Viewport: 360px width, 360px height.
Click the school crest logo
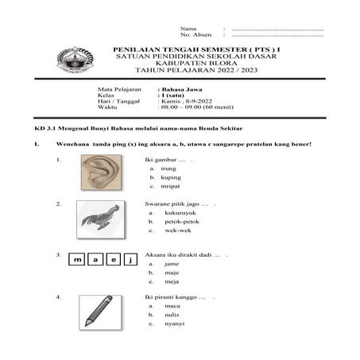74,60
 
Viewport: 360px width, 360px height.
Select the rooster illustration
99,219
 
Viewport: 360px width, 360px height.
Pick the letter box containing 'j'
131,260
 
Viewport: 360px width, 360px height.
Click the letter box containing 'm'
78,260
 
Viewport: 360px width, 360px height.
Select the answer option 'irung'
168,168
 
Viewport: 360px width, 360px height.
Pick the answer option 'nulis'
169,315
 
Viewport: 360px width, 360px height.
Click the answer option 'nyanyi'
172,323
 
